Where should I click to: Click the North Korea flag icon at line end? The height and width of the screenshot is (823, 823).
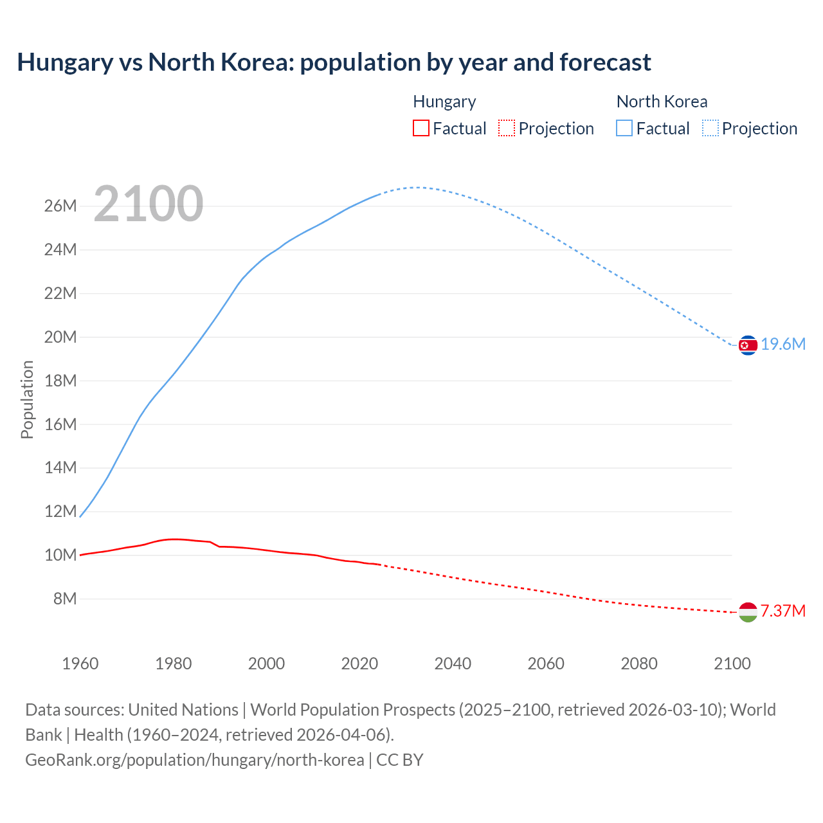tap(748, 345)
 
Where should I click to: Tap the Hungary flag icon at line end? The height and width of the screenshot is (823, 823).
tap(748, 612)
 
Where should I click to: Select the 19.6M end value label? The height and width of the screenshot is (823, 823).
tap(783, 345)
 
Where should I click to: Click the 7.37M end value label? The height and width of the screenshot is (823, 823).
tap(783, 611)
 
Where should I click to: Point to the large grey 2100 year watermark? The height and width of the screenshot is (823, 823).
tap(149, 204)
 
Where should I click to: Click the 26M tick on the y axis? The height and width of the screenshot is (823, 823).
tap(60, 206)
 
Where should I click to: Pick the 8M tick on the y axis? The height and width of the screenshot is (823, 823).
tap(65, 599)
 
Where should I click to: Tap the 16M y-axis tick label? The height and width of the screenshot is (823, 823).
tap(60, 424)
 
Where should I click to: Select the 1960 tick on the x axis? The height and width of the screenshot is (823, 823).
tap(80, 664)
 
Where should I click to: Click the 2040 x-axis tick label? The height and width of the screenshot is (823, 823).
tap(453, 664)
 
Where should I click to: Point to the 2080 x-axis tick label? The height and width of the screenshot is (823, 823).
tap(639, 664)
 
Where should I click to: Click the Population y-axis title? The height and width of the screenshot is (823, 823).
tap(27, 399)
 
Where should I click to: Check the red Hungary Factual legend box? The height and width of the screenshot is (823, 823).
tap(421, 129)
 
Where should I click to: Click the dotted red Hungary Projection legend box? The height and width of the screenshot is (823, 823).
tap(507, 129)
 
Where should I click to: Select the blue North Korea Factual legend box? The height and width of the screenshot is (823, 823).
tap(624, 129)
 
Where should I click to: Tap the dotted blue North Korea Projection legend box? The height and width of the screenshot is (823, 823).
tap(710, 129)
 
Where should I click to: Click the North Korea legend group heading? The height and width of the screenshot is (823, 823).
tap(662, 102)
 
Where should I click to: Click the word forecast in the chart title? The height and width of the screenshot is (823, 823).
tap(605, 62)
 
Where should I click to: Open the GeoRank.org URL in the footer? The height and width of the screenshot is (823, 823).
tap(194, 760)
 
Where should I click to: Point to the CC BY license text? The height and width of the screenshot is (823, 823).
tap(400, 760)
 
